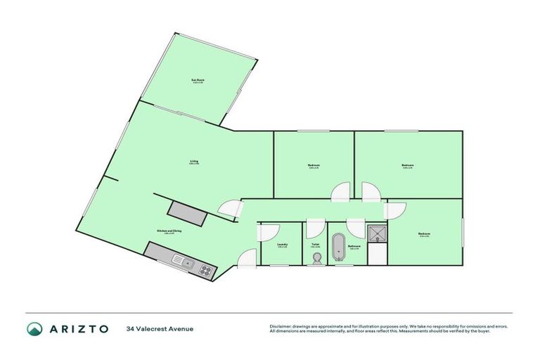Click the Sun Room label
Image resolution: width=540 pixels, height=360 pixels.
[198, 81]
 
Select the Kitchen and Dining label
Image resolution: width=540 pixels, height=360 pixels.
[165, 231]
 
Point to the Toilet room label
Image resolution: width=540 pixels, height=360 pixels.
[316, 245]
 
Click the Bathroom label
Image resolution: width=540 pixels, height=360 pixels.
[354, 246]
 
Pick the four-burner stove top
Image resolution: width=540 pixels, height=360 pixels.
[205, 269]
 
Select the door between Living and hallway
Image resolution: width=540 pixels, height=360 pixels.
[230, 208]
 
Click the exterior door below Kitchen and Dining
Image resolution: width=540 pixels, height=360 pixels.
[246, 259]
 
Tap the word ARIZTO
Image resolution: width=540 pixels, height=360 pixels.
[79, 328]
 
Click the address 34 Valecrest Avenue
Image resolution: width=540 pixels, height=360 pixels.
[160, 328]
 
